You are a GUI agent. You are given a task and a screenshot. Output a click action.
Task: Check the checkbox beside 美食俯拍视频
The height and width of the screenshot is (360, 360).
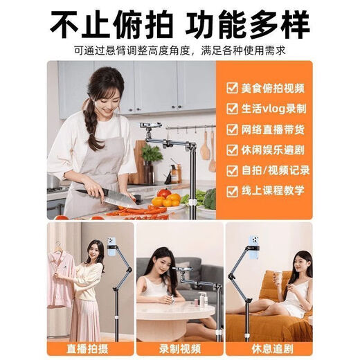pyautogui.click(x=233, y=88)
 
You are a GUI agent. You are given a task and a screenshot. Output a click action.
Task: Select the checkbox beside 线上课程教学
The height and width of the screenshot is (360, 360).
pyautogui.click(x=233, y=190)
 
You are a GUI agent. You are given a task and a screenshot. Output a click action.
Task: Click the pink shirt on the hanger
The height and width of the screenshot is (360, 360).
pyautogui.click(x=61, y=273)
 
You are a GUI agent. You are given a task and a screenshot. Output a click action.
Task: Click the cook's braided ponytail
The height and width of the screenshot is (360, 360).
pyautogui.click(x=89, y=125)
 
